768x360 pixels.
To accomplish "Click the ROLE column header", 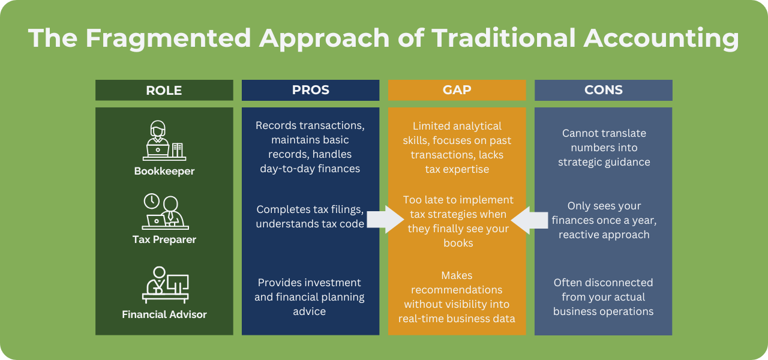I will (x=164, y=91).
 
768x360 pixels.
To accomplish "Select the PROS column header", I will (x=310, y=91).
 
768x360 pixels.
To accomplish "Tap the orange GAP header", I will (x=457, y=91).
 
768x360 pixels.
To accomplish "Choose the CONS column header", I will (x=603, y=91).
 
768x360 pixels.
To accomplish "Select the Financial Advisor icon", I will (x=165, y=284).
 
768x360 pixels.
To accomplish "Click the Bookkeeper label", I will (x=164, y=171).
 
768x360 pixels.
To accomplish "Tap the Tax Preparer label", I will (x=164, y=239).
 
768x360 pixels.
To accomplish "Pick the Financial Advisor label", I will (x=164, y=314).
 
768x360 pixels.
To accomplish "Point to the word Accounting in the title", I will (x=661, y=38).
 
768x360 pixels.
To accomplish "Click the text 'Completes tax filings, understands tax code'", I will (x=310, y=217).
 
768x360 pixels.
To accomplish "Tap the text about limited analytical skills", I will (x=457, y=148).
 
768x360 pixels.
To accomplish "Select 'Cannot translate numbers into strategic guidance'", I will (x=603, y=148).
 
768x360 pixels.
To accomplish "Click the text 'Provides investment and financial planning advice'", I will (x=310, y=296).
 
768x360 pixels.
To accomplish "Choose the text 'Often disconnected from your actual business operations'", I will (x=603, y=296).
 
